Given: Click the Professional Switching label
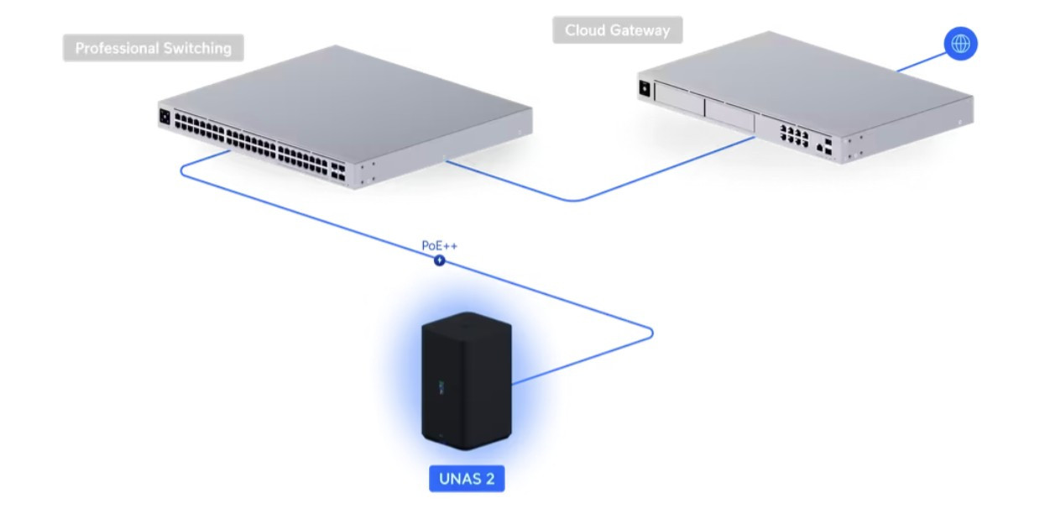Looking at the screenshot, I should point(153,48).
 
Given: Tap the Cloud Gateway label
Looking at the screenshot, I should point(617,30).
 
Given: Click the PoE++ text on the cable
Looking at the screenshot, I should point(440,246).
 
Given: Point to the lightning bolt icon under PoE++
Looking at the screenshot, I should point(440,261).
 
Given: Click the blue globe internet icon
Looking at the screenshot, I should point(960,44).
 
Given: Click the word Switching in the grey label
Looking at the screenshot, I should point(197,48).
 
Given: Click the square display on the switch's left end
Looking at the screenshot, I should point(165,118).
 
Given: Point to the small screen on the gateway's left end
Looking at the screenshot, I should point(645,87).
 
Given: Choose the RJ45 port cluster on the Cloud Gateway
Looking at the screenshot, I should point(792,137).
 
